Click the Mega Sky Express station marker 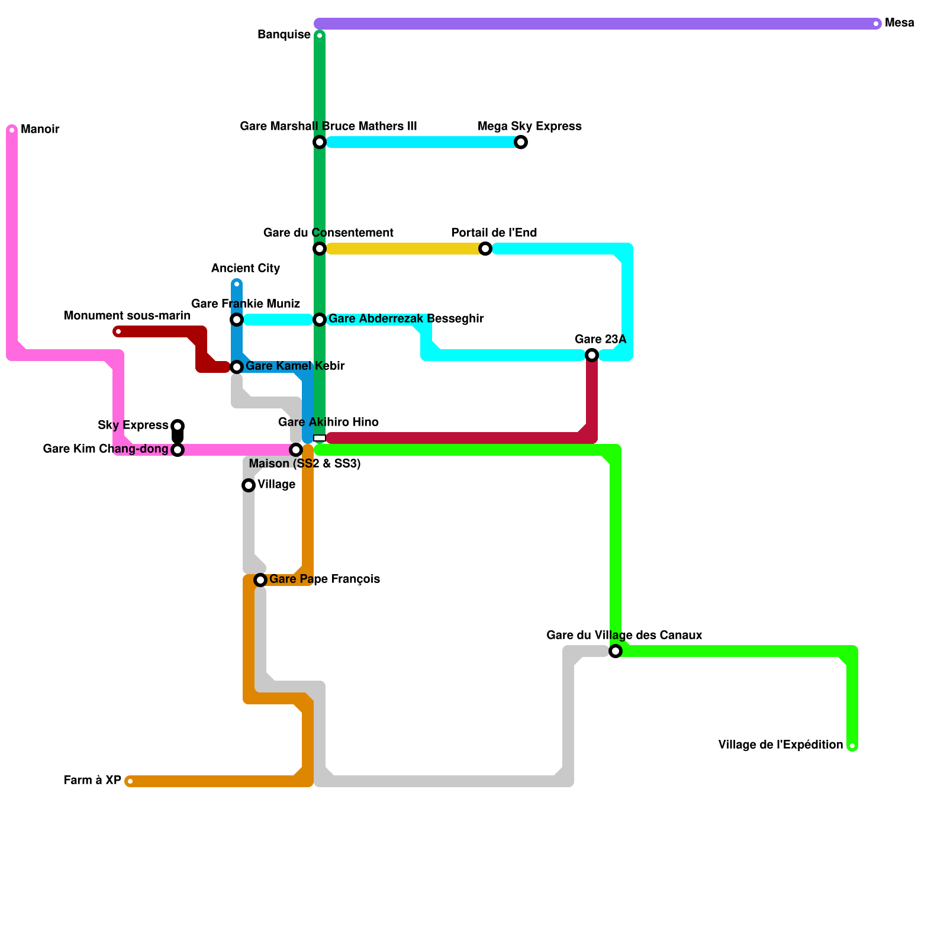pos(521,142)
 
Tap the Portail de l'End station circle pos(485,249)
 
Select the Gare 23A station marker pos(592,355)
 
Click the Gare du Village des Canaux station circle pos(616,651)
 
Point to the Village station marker pos(249,485)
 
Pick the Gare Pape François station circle pos(260,580)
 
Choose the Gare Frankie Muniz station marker pos(237,320)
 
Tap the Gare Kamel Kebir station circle pos(237,367)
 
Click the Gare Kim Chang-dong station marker pos(178,450)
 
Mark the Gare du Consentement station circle pos(320,249)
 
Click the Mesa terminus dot pos(876,24)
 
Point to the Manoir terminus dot pos(12,130)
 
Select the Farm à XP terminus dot pos(130,781)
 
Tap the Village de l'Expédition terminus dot pos(852,746)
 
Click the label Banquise pos(284,35)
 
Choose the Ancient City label pos(246,268)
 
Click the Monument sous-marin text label pos(127,315)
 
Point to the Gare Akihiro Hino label pos(328,422)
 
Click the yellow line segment pos(402,249)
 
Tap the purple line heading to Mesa pos(592,24)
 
